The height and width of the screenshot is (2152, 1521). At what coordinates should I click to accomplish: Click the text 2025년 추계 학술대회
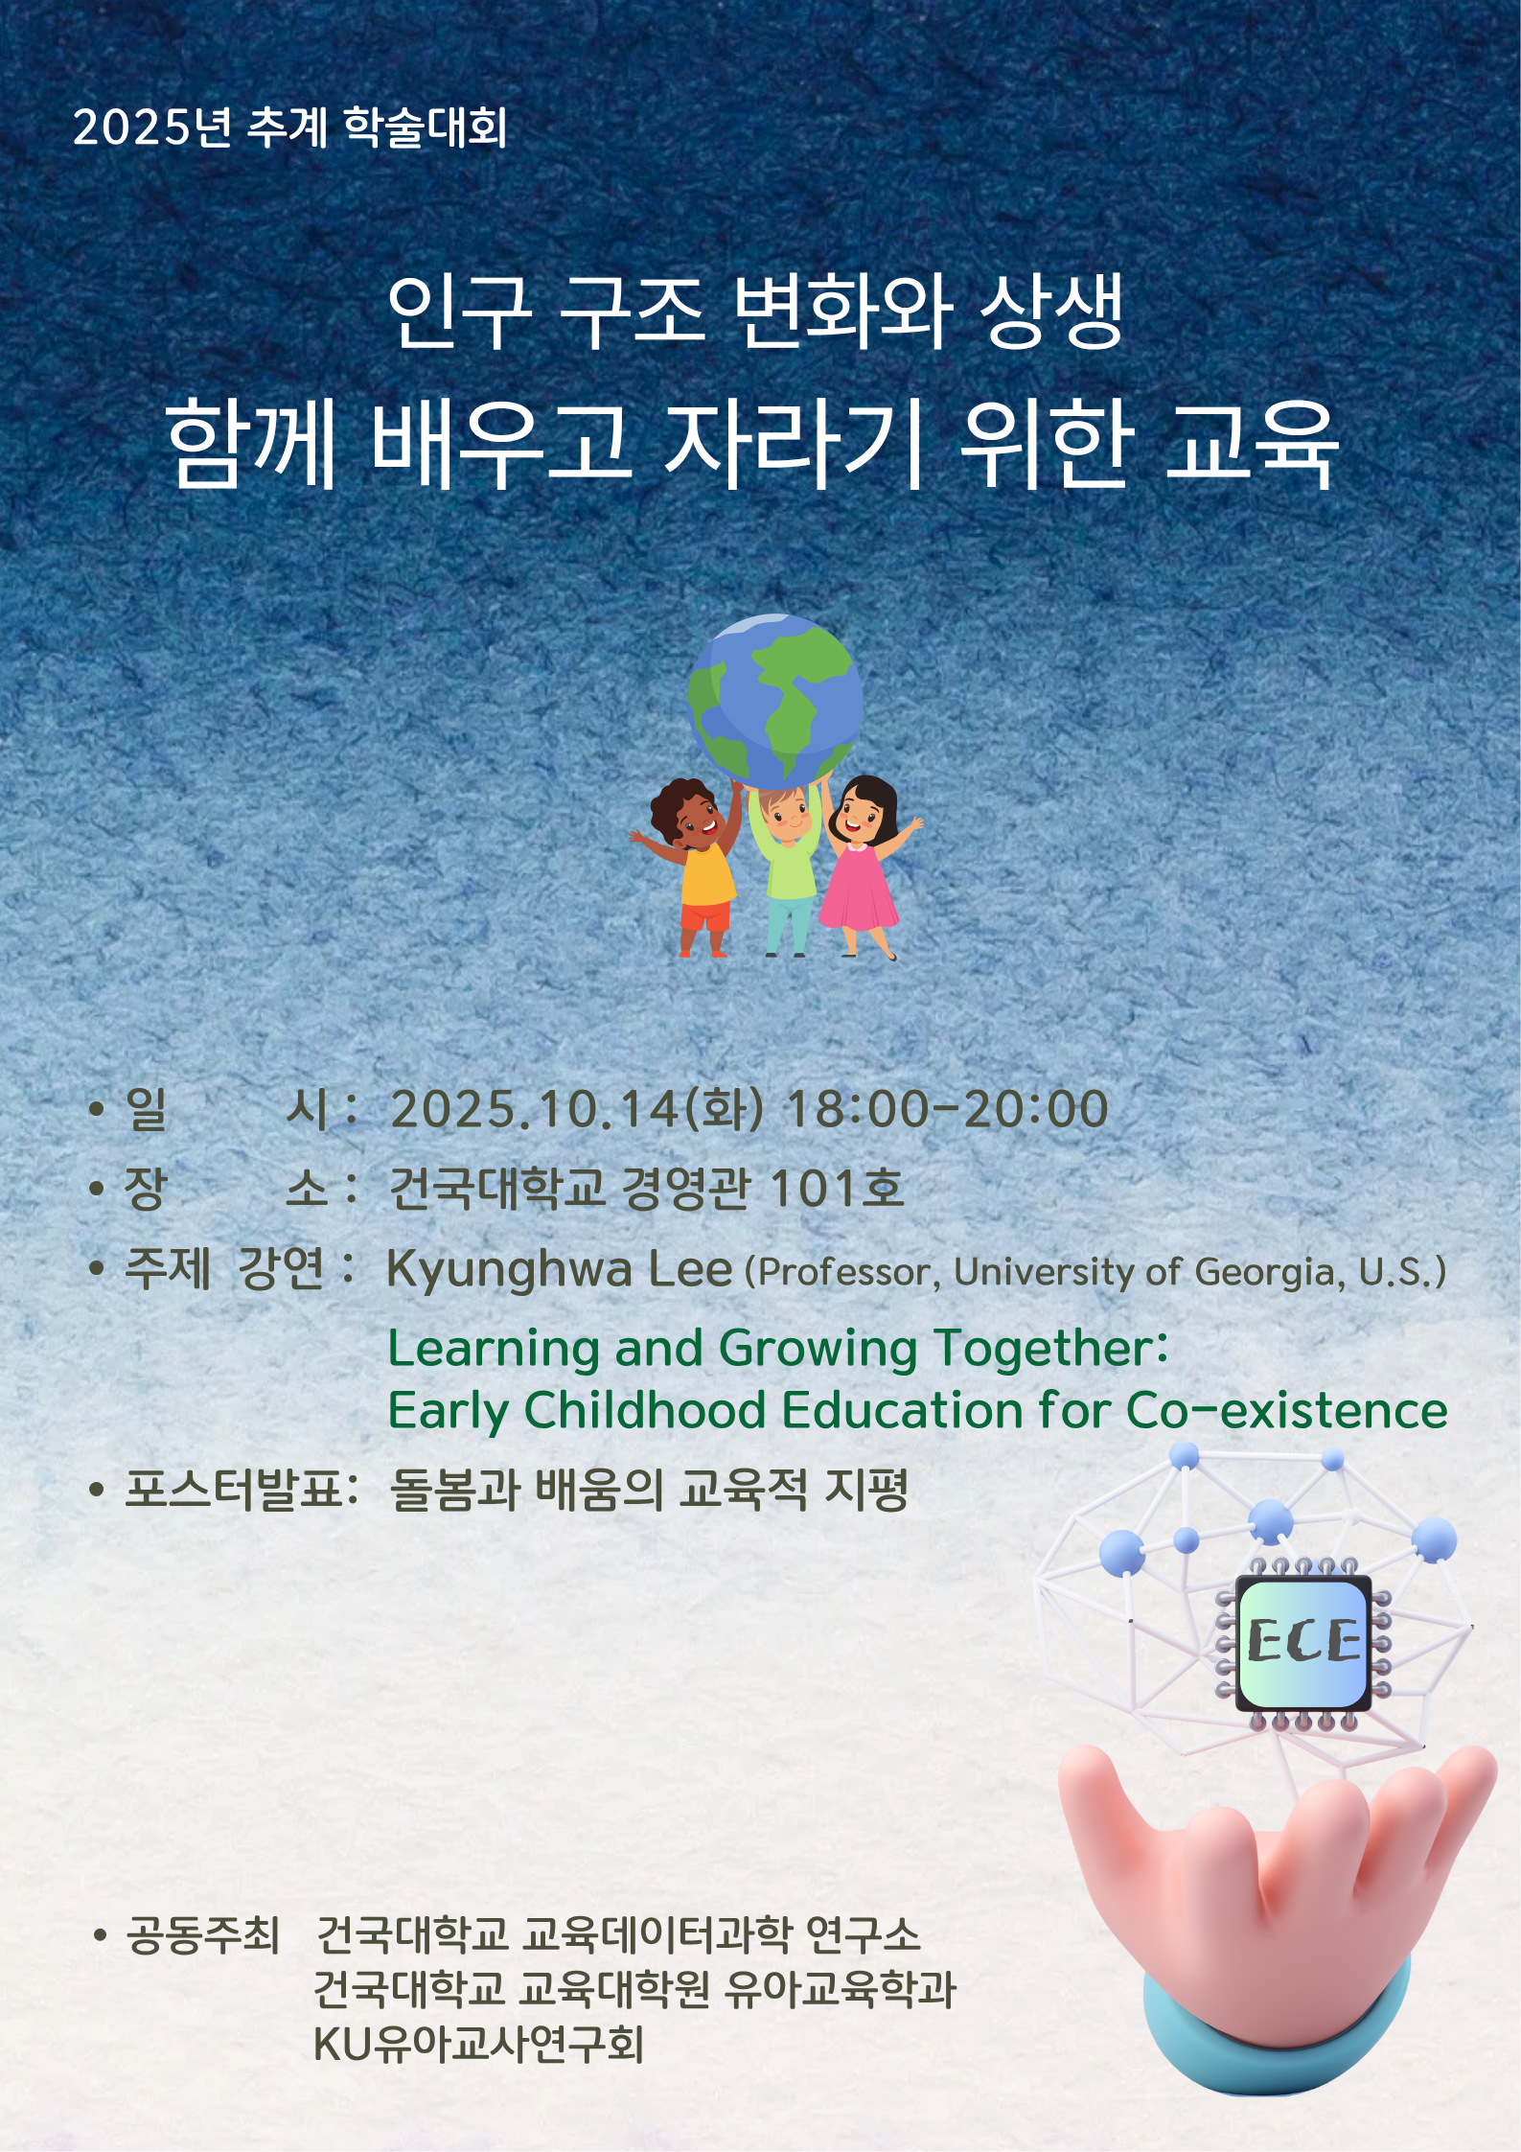point(289,127)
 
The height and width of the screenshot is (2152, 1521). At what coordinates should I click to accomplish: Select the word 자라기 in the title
point(794,444)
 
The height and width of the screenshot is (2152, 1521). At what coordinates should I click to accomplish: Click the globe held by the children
point(774,701)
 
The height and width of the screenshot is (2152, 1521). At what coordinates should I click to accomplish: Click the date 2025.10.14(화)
point(576,1109)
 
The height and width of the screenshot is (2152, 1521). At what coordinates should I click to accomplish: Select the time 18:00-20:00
point(946,1109)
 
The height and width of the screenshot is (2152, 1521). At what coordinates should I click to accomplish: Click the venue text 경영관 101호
point(763,1189)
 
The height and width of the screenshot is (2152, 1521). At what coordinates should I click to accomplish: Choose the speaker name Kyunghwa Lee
point(560,1269)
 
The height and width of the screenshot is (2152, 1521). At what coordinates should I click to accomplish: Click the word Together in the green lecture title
point(1050,1349)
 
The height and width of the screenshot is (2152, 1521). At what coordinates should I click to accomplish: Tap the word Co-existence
point(1286,1410)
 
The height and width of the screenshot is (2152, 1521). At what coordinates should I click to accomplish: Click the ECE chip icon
point(1303,1641)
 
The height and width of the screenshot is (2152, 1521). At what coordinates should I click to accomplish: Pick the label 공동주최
point(202,1935)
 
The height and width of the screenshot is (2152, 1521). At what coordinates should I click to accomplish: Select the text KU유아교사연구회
point(478,2044)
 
